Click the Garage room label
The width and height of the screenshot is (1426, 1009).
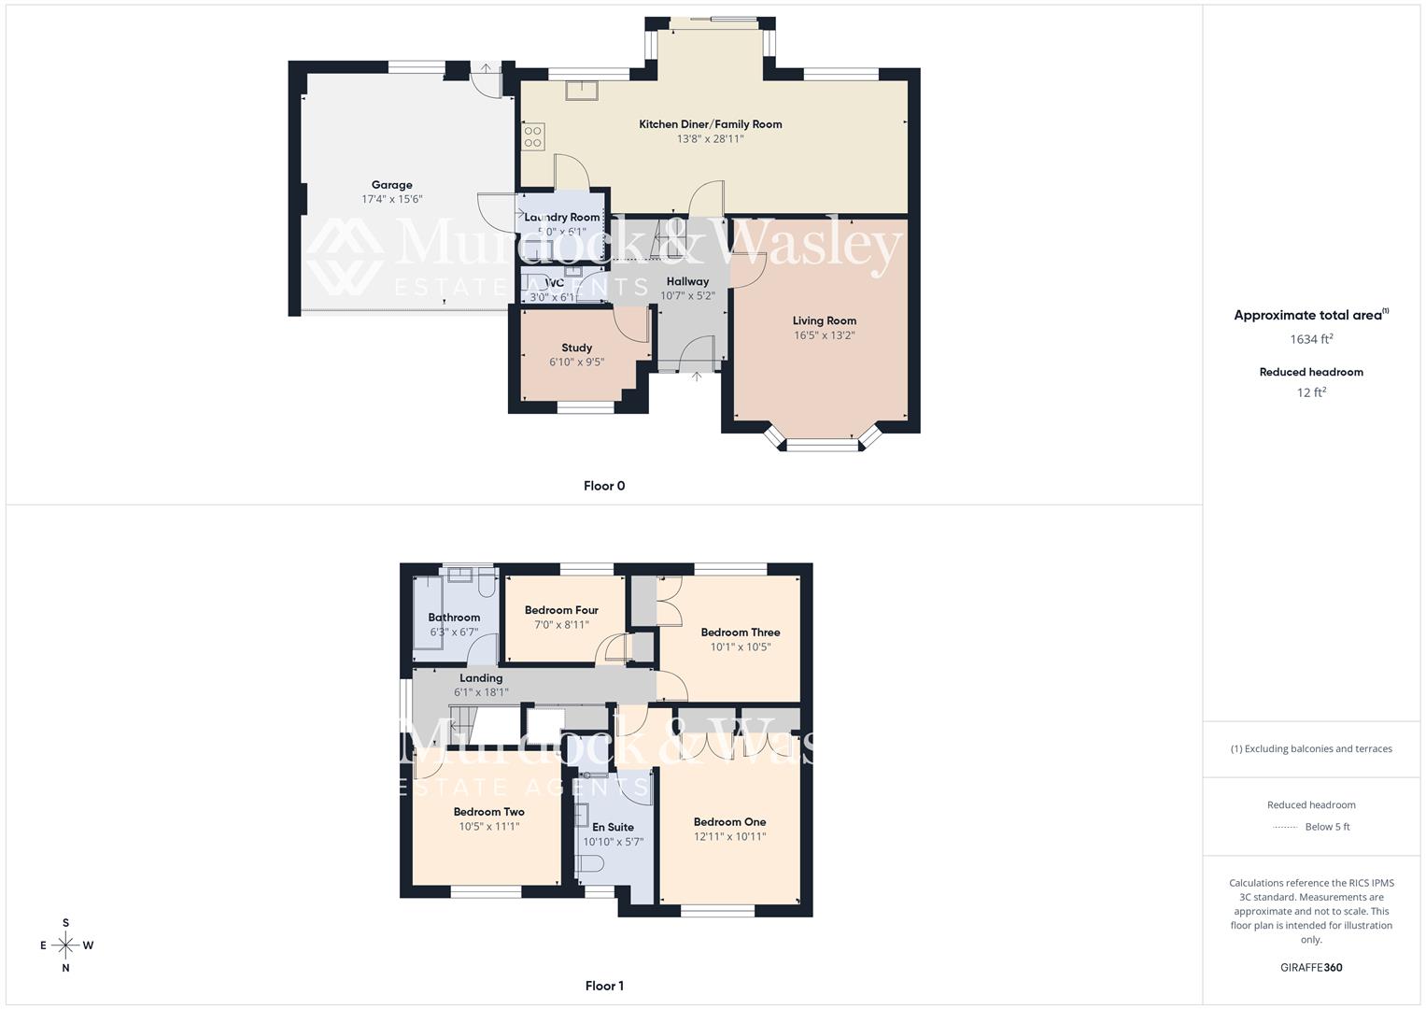click(391, 185)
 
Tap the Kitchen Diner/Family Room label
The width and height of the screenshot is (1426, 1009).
click(710, 124)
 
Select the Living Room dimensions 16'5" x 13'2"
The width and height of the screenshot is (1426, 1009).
click(824, 335)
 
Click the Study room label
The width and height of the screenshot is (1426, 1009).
click(576, 348)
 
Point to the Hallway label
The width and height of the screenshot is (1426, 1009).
click(687, 281)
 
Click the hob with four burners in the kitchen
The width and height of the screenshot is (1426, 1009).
click(533, 136)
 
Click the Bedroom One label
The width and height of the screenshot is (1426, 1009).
click(729, 822)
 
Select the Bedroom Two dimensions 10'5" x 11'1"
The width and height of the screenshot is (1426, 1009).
click(488, 826)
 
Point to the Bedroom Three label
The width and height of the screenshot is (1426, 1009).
click(740, 632)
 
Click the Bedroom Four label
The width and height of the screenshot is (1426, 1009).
click(561, 610)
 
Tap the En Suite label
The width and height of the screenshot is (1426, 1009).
click(613, 827)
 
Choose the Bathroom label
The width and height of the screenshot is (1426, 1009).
click(454, 618)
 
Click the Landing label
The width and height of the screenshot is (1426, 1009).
click(481, 678)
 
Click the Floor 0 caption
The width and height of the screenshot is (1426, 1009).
click(604, 486)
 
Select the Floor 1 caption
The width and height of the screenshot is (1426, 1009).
click(604, 986)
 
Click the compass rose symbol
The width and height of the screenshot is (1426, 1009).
click(65, 945)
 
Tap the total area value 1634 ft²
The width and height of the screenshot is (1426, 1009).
click(1311, 339)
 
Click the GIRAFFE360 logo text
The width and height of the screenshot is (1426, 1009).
click(1311, 968)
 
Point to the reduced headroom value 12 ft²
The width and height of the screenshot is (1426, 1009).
click(1311, 392)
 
